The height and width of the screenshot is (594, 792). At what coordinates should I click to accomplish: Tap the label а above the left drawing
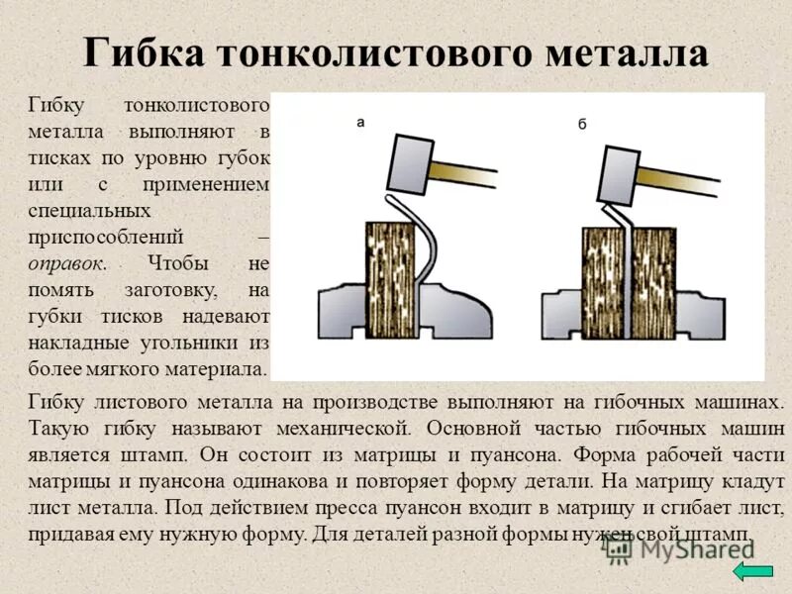pyautogui.click(x=361, y=122)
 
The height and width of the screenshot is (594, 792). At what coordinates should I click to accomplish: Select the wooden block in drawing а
pyautogui.click(x=390, y=271)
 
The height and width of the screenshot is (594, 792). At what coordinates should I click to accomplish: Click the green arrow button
pyautogui.click(x=755, y=570)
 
